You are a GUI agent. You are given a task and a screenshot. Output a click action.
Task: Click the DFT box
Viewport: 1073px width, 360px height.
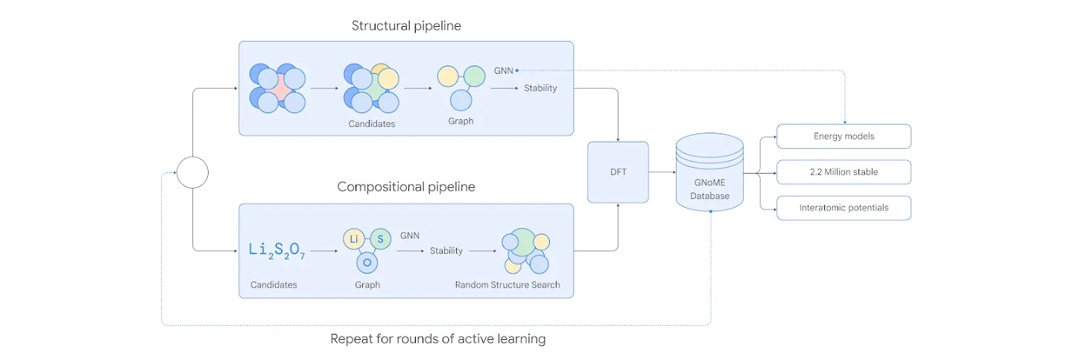point(618,172)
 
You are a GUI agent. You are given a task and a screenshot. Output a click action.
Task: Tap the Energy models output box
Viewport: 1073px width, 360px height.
point(843,136)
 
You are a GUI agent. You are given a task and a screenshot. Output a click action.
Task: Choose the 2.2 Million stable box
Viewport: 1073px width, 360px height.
point(843,172)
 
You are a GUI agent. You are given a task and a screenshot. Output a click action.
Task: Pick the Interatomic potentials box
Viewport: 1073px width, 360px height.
point(843,208)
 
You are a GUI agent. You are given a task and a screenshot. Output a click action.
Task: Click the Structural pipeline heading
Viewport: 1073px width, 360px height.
point(406,26)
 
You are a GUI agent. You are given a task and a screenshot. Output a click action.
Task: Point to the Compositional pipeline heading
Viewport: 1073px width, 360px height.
point(406,186)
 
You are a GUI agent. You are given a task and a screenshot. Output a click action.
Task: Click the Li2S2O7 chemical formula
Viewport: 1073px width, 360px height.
point(277,251)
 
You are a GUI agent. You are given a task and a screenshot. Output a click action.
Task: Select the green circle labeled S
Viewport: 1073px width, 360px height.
point(380,239)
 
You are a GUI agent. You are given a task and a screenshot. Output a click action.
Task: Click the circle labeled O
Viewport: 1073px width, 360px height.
point(367,262)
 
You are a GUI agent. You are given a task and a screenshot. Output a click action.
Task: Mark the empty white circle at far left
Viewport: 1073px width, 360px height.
point(192,173)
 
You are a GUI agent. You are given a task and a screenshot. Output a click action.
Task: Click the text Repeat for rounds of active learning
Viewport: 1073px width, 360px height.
point(438,339)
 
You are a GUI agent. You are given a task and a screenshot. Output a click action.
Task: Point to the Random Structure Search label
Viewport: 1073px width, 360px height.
point(507,285)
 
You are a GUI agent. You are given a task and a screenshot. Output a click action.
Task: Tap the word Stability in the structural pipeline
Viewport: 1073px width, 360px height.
point(540,88)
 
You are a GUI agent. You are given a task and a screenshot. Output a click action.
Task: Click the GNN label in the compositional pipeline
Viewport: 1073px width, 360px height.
point(410,236)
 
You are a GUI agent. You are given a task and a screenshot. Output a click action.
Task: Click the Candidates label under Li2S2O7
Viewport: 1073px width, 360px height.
point(273,285)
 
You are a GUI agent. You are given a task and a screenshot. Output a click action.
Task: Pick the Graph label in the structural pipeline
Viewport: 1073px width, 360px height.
point(461,121)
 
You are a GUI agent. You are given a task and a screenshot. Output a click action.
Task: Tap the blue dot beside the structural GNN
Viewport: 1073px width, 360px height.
point(516,71)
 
